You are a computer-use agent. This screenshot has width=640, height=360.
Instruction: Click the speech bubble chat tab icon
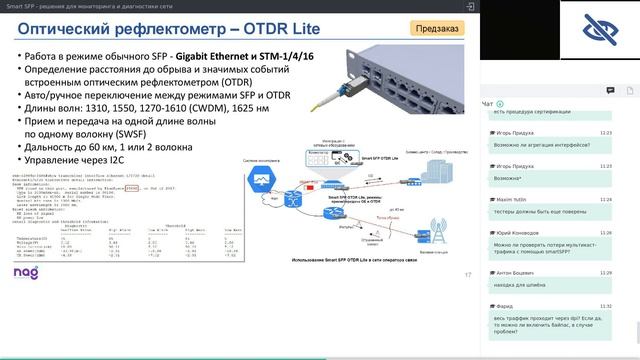(609, 90)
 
